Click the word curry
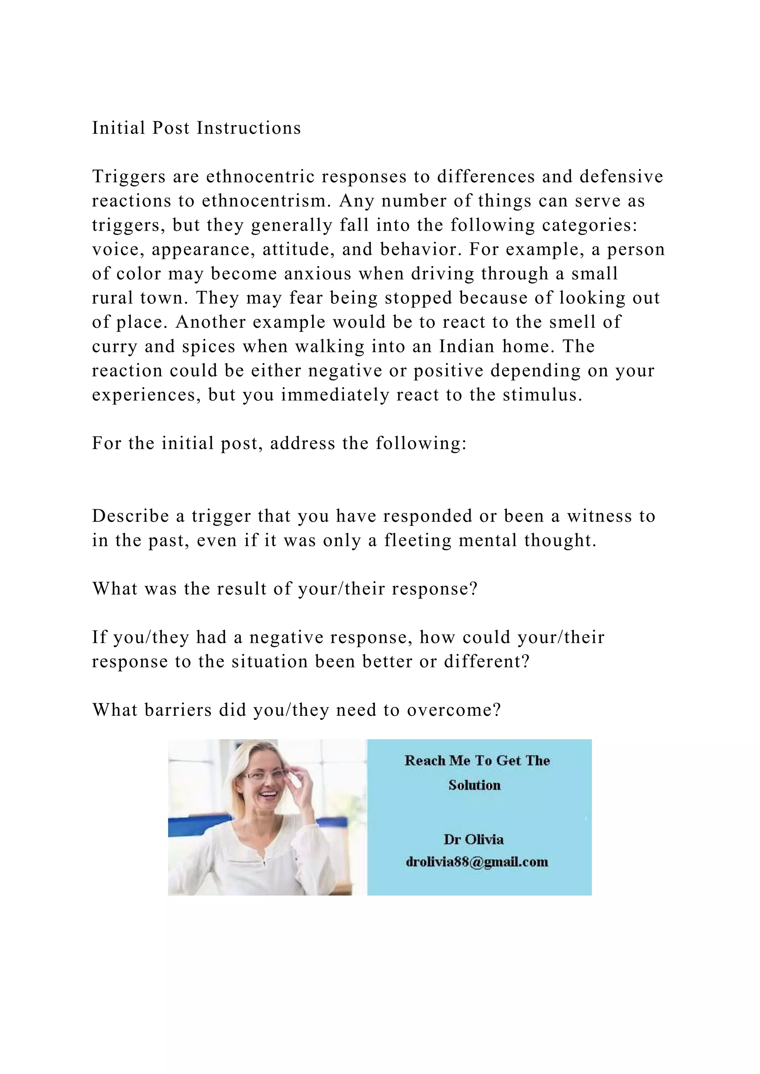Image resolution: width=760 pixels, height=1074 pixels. (115, 347)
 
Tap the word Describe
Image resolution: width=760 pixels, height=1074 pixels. (131, 516)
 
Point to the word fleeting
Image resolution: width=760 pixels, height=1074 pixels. (417, 540)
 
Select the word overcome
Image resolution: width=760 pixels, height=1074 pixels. (453, 710)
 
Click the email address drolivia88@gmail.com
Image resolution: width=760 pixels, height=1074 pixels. (477, 862)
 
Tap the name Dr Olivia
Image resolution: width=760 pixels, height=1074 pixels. (474, 840)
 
